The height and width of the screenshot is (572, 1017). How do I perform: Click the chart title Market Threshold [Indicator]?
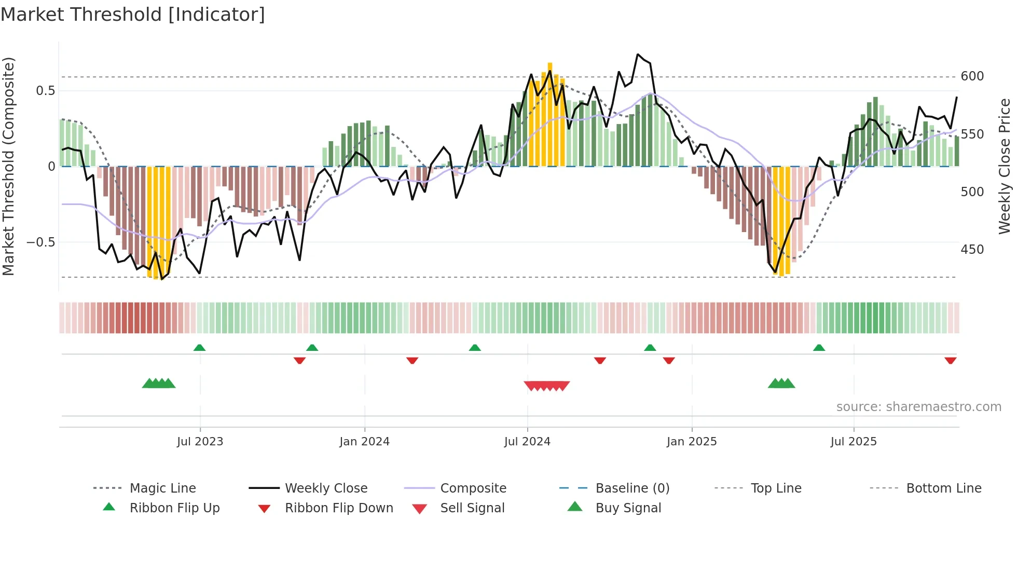(133, 15)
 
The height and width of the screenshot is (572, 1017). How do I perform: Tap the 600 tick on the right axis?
(972, 76)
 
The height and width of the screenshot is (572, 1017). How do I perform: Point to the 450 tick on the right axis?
(972, 250)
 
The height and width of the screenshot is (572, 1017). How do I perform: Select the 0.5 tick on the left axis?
(45, 91)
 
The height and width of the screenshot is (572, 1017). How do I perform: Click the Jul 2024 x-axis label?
(527, 442)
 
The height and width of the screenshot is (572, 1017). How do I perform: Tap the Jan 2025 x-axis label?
(691, 442)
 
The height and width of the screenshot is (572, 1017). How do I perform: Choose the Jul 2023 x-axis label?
(200, 442)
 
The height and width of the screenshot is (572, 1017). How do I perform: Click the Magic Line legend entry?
(162, 488)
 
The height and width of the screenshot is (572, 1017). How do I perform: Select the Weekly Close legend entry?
(326, 488)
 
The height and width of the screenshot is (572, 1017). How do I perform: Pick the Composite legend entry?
(473, 488)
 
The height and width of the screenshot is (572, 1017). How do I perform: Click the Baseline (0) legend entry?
(632, 488)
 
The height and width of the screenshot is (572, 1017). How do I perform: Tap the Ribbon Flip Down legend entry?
(339, 508)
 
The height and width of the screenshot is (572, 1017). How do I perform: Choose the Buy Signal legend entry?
(628, 508)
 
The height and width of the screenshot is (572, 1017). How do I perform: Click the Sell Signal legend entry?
(472, 508)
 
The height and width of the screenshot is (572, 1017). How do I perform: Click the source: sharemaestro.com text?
(918, 407)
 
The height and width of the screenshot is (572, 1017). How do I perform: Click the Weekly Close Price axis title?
(1005, 166)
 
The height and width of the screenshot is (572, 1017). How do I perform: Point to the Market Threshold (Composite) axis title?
(8, 166)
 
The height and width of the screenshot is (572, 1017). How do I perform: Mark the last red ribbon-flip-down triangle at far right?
(950, 361)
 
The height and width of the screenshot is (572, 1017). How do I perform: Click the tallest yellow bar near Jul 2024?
(550, 114)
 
